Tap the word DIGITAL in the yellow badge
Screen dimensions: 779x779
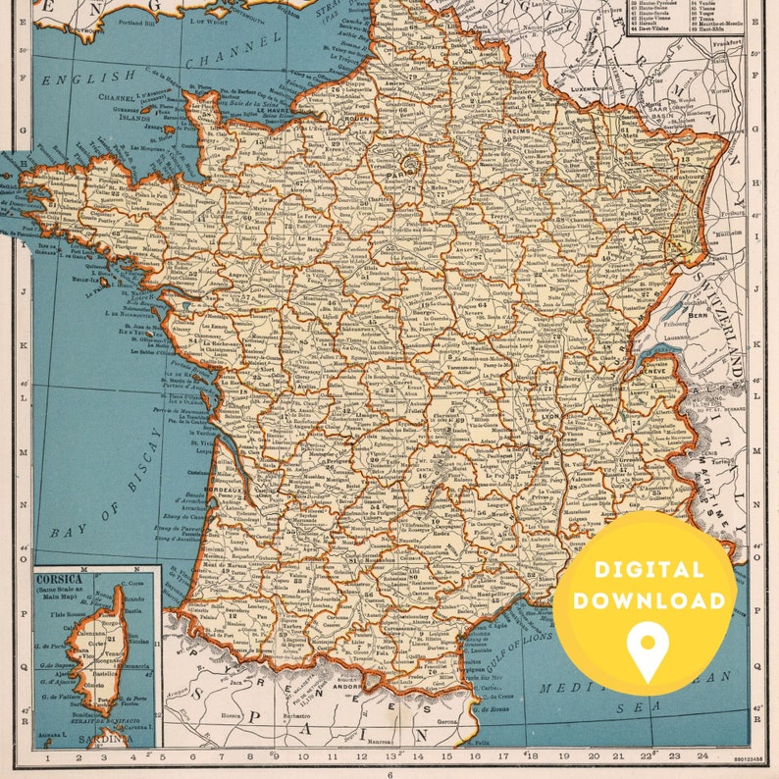[x=647, y=570]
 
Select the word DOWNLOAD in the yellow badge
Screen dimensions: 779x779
[x=647, y=599]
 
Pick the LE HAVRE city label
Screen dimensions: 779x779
[x=277, y=113]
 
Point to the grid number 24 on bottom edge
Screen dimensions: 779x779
[x=702, y=756]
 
